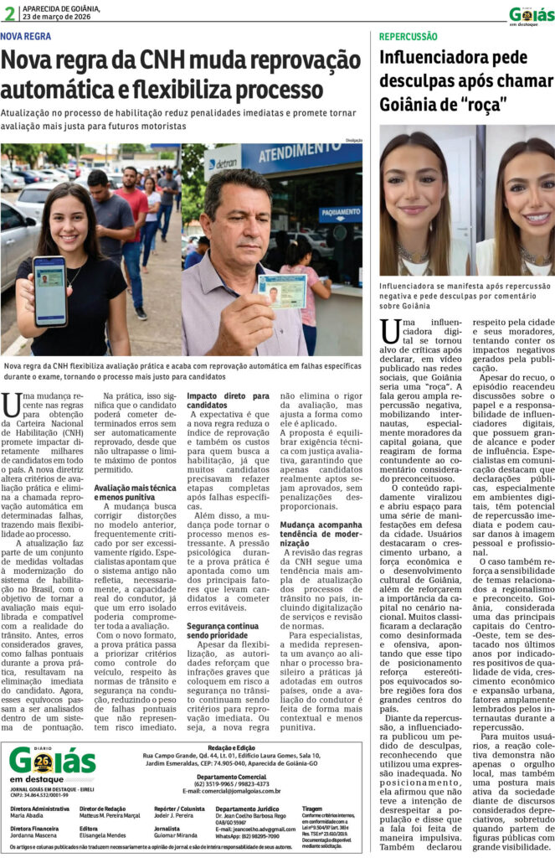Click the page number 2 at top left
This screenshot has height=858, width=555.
coord(8,12)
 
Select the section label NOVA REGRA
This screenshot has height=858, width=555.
coord(25,36)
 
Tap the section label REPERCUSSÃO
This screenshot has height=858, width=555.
coord(408,37)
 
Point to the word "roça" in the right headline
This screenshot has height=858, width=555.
coord(486,106)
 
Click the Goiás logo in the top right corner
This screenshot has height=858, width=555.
coord(531,14)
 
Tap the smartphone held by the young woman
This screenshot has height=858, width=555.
coord(49,291)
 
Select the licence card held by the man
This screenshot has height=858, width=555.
coord(280,292)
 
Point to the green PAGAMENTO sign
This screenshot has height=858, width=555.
coord(340,212)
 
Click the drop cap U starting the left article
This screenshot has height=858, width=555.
coord(11,403)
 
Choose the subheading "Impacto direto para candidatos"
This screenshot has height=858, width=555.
coord(216,399)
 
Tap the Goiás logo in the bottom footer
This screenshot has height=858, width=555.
coord(52,762)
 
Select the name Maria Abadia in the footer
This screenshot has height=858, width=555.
coord(28,814)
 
